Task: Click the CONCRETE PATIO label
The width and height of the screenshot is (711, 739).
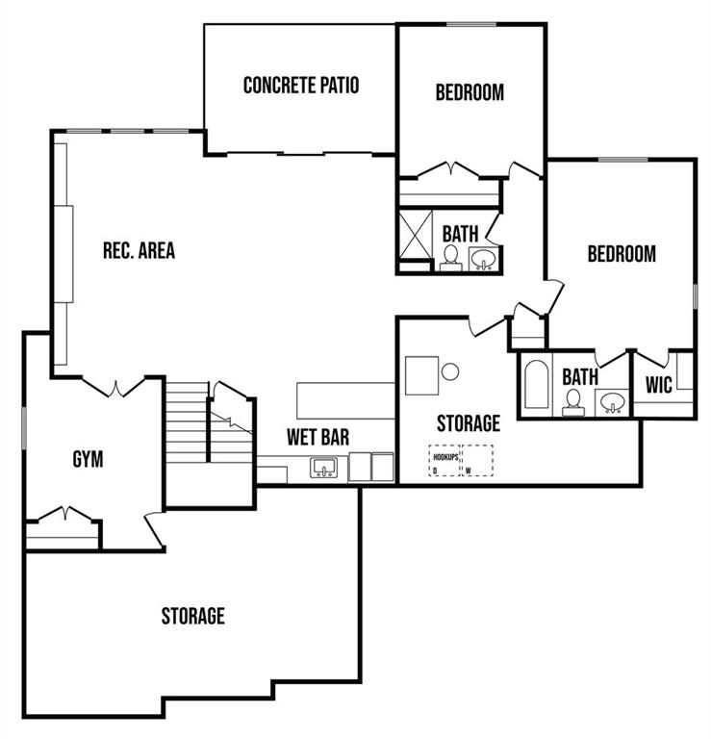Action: [x=301, y=86]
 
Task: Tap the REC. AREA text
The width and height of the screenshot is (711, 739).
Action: [x=139, y=250]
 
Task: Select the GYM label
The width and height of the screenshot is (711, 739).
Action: [x=89, y=460]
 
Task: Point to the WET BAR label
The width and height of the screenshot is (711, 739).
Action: [x=318, y=438]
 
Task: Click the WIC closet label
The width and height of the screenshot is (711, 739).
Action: [x=659, y=385]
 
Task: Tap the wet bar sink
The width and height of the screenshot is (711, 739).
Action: [x=324, y=467]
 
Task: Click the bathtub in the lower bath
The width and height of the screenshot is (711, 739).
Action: [x=536, y=385]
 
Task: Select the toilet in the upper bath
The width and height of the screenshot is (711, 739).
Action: [x=451, y=258]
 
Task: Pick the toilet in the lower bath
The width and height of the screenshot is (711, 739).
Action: [x=573, y=403]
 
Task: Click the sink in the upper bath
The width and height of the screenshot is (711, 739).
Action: [x=484, y=259]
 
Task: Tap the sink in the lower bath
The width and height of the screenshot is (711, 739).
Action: [x=612, y=403]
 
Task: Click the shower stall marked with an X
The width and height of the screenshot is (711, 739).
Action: [x=415, y=235]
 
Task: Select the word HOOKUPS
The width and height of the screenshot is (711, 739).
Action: [x=445, y=457]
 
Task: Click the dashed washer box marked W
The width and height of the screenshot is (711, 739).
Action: [x=478, y=460]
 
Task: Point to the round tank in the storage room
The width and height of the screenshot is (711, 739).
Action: [x=450, y=371]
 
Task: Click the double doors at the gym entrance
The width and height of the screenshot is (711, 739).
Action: [x=114, y=387]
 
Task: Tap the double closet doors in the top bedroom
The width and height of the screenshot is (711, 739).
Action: [x=448, y=170]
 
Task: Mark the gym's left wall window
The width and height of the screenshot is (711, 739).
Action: [x=24, y=428]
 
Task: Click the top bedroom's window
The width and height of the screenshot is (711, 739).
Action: [x=471, y=24]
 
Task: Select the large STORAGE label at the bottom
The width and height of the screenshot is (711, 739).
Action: [x=193, y=616]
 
